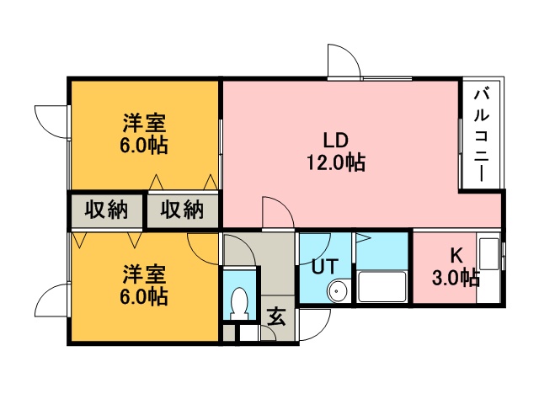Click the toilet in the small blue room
click(x=239, y=304)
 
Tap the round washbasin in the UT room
click(x=337, y=290)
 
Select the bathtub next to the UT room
click(x=382, y=287)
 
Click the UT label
click(x=325, y=266)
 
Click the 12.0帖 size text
click(x=336, y=162)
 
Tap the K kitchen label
click(x=456, y=255)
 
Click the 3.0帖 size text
click(x=456, y=278)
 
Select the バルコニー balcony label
click(x=481, y=135)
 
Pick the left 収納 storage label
click(x=106, y=210)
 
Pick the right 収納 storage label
click(x=182, y=210)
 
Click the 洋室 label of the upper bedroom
click(x=144, y=123)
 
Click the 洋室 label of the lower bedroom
click(x=144, y=274)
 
